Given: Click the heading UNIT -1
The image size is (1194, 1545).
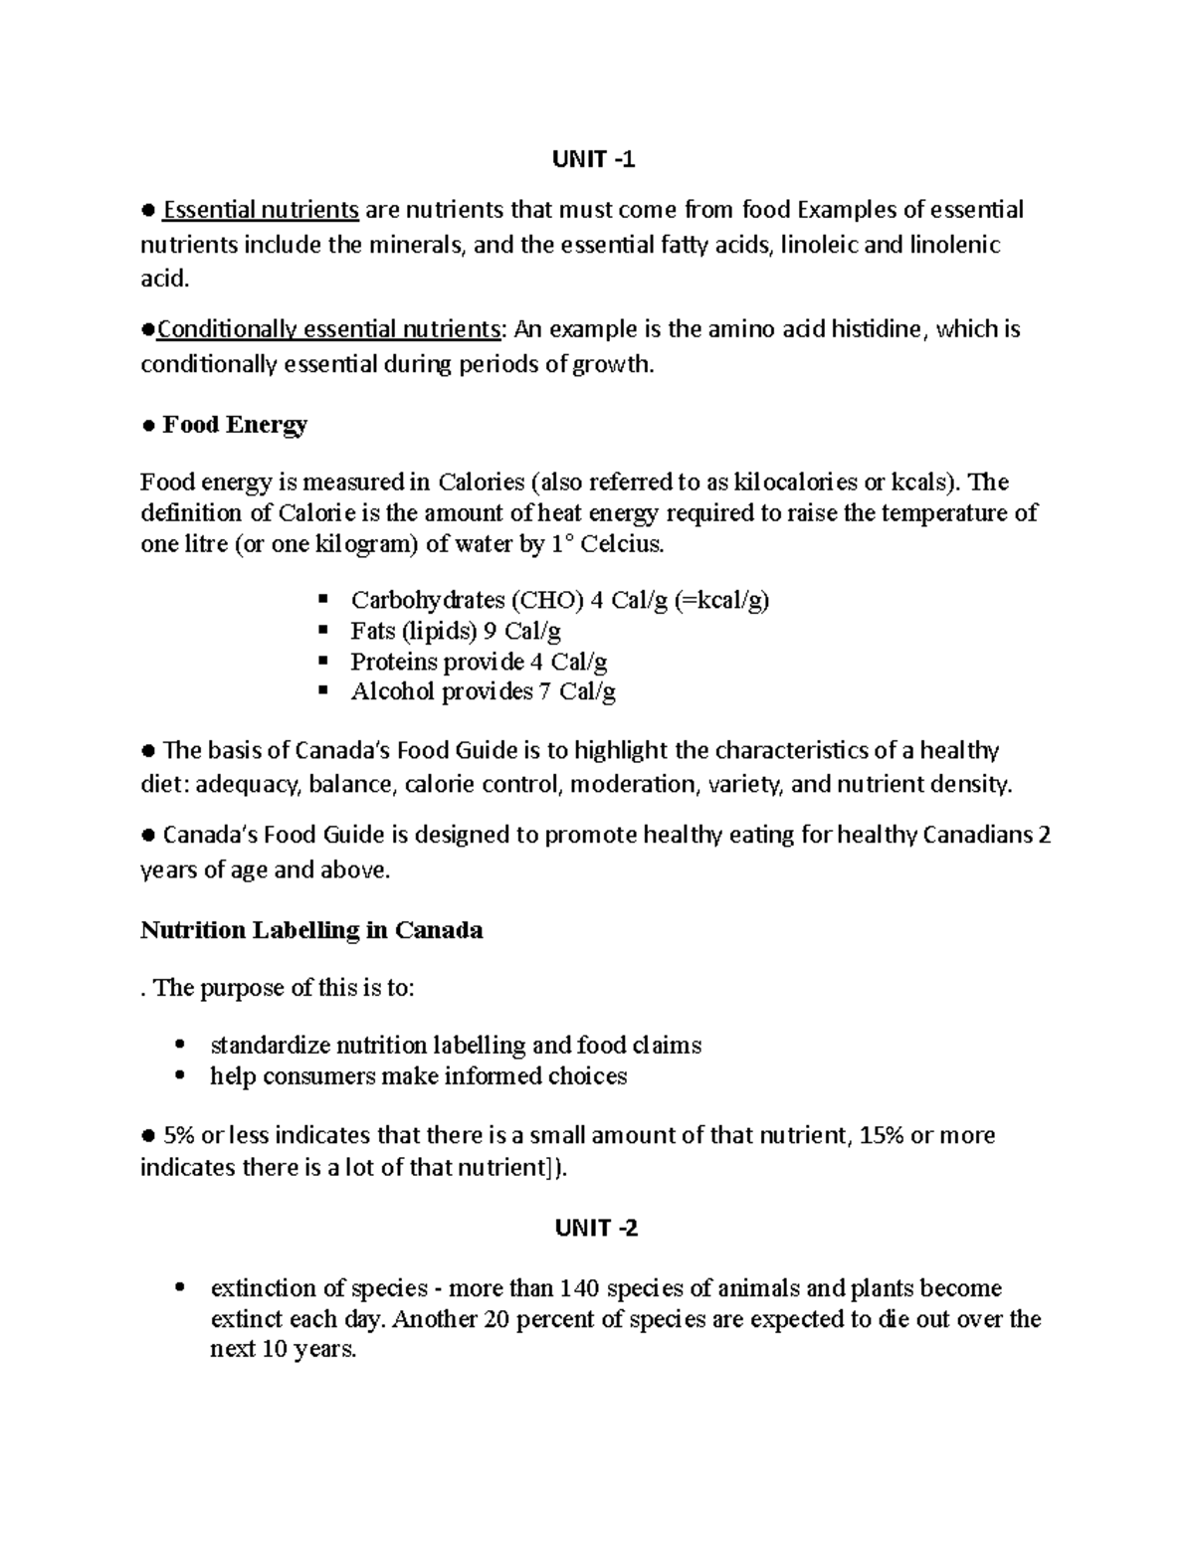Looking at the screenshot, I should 594,160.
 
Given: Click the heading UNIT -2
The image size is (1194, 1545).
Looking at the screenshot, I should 596,1228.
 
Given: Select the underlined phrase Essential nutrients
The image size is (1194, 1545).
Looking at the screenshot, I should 261,210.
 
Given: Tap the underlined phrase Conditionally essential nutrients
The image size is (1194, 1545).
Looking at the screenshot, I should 328,329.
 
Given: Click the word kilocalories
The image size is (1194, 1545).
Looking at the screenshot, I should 795,483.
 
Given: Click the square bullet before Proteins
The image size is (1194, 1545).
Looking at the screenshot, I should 322,661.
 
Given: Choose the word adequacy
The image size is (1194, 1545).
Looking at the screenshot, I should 247,785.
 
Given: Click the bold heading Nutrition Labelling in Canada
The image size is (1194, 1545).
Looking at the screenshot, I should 311,930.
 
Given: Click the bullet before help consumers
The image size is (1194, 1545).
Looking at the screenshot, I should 179,1075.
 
